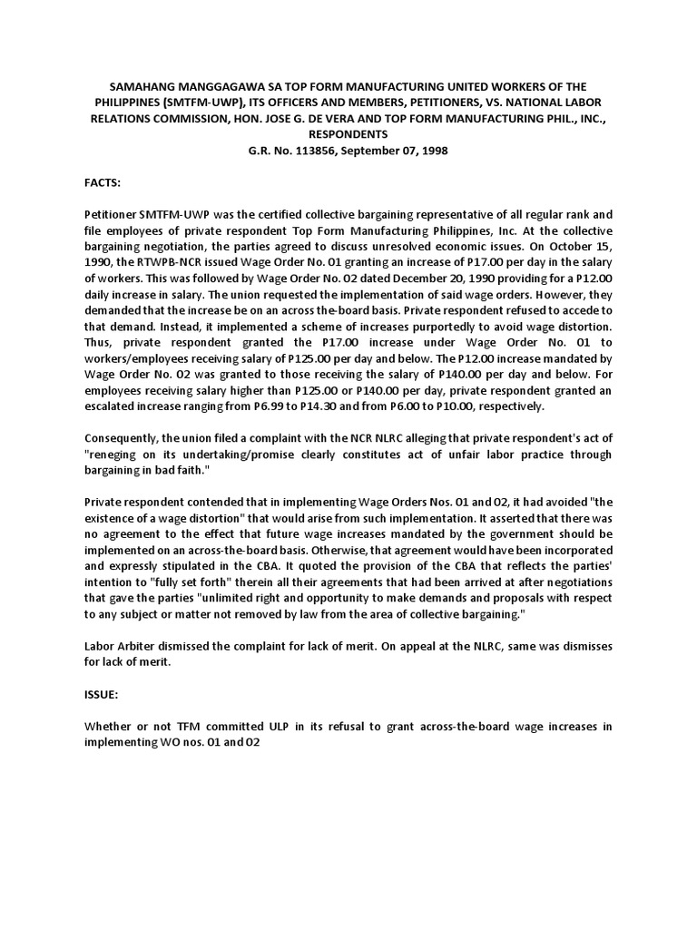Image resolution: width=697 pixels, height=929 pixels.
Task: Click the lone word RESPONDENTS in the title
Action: (348, 133)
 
